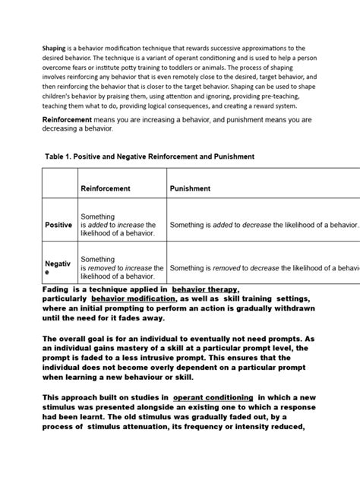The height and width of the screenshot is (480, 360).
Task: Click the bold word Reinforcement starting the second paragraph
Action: pyautogui.click(x=74, y=120)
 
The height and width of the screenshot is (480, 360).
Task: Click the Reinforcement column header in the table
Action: pyautogui.click(x=106, y=188)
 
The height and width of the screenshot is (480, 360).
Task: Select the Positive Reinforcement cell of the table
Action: pyautogui.click(x=118, y=225)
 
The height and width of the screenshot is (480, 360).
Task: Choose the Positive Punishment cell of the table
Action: pyautogui.click(x=263, y=225)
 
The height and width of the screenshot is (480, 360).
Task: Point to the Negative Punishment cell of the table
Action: pyautogui.click(x=263, y=267)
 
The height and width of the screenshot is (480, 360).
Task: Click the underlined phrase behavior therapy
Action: pyautogui.click(x=205, y=290)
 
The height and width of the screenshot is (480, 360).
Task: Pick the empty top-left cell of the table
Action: pyautogui.click(x=58, y=188)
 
